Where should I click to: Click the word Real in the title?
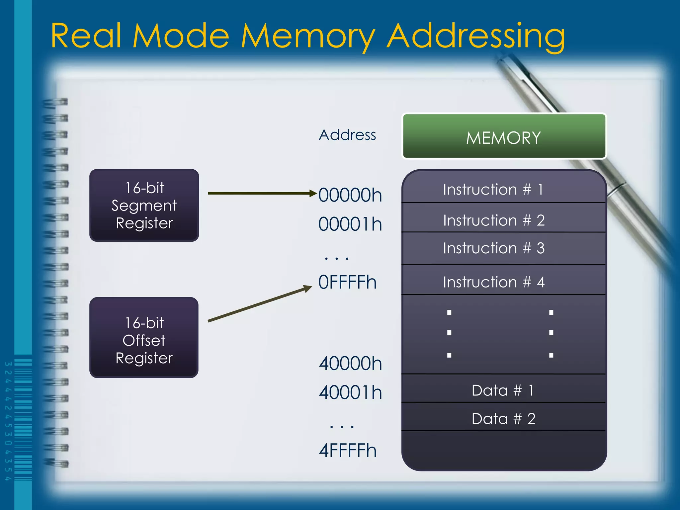[x=86, y=36]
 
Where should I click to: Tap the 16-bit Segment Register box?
[x=144, y=205]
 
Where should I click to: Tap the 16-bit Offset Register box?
[x=144, y=338]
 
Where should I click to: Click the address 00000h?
[x=350, y=195]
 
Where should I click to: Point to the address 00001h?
[x=350, y=224]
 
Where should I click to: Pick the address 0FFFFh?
[x=347, y=283]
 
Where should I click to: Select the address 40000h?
[x=350, y=364]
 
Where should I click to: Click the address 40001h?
[x=350, y=392]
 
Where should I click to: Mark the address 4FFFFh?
[x=347, y=451]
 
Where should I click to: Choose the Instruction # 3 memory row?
[x=503, y=248]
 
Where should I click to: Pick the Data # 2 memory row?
[x=503, y=418]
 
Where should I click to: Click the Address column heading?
[x=347, y=135]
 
